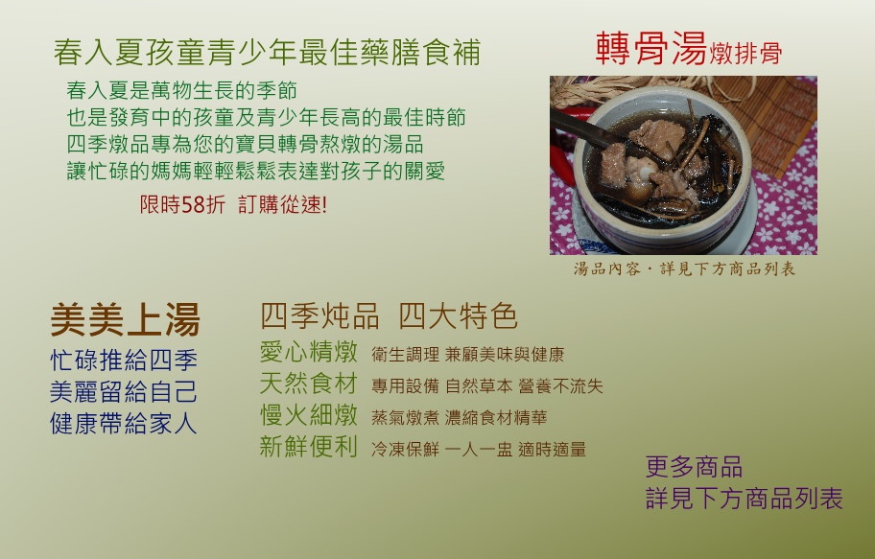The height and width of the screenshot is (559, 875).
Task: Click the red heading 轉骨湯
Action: (x=651, y=49)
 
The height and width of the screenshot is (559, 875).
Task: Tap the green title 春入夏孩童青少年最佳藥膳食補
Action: (x=267, y=53)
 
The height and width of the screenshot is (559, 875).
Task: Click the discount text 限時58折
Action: (x=182, y=205)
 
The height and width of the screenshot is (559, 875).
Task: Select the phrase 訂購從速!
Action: (x=282, y=205)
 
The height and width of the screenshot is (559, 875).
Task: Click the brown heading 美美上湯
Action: (x=125, y=319)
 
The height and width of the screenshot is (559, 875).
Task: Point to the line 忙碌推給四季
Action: (x=124, y=361)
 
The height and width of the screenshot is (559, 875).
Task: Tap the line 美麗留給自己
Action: (x=124, y=391)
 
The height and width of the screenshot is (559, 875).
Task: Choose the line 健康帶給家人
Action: (x=124, y=424)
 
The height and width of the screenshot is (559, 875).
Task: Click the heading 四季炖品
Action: (x=319, y=315)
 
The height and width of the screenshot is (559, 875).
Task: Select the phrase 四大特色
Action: (x=459, y=315)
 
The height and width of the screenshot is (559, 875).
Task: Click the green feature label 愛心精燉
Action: (x=309, y=352)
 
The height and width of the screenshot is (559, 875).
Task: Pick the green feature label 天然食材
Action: (x=309, y=384)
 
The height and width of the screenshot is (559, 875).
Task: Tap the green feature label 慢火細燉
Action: (x=309, y=415)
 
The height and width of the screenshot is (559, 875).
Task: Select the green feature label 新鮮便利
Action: (x=309, y=446)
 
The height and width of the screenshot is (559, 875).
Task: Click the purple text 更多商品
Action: (x=694, y=467)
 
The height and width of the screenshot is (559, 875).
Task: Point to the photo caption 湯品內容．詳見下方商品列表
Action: (x=684, y=268)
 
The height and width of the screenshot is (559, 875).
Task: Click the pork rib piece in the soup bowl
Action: (x=657, y=139)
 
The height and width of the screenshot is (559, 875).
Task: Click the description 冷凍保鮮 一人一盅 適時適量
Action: (x=479, y=449)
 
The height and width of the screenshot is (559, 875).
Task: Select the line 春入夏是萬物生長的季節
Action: (x=182, y=90)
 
